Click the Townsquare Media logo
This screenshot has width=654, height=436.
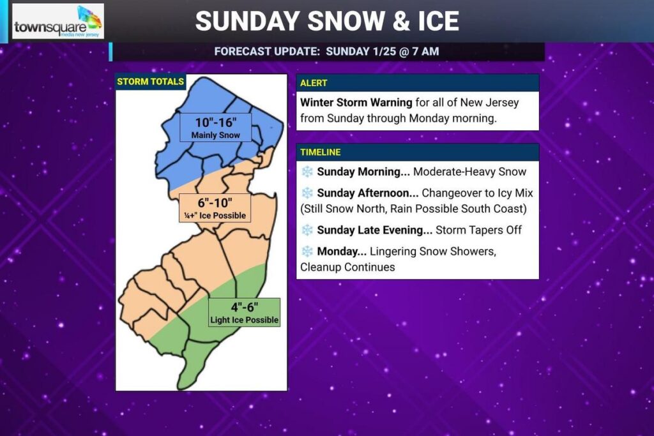pos(58,22)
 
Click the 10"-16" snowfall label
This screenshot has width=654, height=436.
pos(215,122)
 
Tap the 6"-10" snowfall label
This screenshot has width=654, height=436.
pos(214,202)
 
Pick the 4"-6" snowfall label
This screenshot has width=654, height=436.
pos(245,307)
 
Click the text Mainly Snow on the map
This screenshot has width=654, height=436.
pos(216,135)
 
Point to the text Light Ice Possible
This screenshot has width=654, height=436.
pos(245,320)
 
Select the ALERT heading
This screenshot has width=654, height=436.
pos(314,83)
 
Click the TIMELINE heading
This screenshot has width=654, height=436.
pos(321,152)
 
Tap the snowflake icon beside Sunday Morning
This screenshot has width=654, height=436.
pos(308,172)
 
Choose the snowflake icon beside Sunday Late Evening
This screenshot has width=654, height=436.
pos(308,230)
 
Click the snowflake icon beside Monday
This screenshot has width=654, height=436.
pos(308,252)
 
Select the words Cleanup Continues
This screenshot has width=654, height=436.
pos(347,267)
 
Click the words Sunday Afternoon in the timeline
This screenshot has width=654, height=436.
pos(368,193)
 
